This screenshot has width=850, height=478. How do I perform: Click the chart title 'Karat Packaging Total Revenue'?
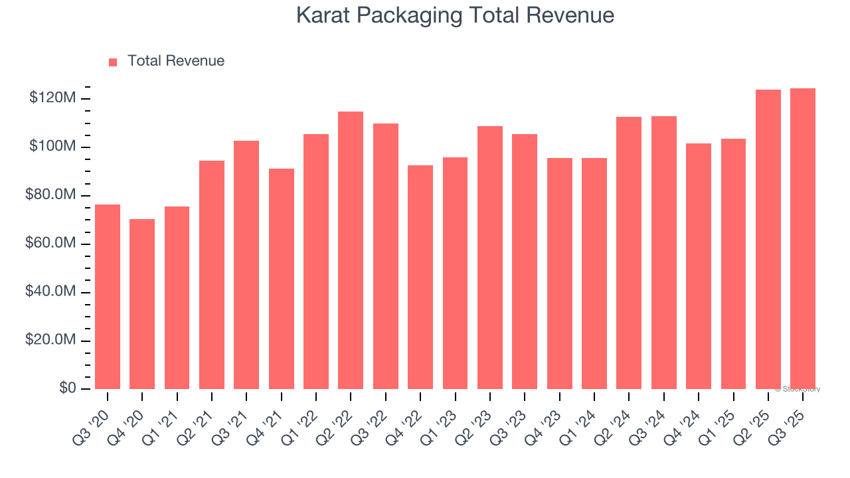(x=455, y=15)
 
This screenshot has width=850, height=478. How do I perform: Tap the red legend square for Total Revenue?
(x=113, y=62)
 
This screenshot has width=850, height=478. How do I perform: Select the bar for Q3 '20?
(x=108, y=297)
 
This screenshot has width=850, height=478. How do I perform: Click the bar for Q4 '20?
(x=142, y=304)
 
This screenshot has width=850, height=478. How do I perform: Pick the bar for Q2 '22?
(x=351, y=250)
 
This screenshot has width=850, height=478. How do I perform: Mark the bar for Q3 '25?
(x=803, y=239)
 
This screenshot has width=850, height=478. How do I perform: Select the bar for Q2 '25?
(x=768, y=240)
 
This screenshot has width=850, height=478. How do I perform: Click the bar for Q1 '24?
(x=594, y=274)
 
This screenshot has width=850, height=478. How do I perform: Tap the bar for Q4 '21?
(x=282, y=279)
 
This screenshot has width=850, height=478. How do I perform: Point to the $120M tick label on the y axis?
(x=52, y=98)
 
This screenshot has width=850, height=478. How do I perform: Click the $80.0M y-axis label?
(x=50, y=195)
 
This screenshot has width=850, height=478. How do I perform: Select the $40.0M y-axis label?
(x=50, y=292)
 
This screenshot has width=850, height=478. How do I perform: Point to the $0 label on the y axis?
(x=66, y=388)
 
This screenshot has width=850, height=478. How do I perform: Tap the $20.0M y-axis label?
(x=50, y=341)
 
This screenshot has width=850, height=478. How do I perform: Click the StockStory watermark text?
(x=798, y=389)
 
